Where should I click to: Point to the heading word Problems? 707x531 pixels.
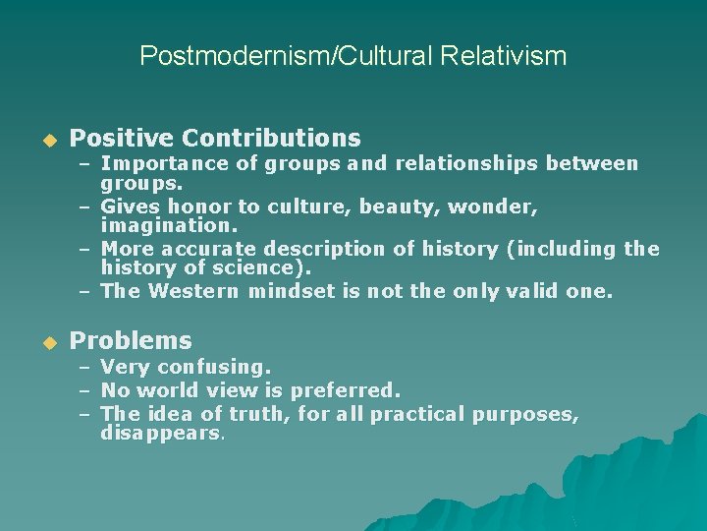point(131,340)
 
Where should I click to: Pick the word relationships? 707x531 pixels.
point(464,164)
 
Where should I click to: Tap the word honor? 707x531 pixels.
point(194,206)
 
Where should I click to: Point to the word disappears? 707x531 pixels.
point(162,433)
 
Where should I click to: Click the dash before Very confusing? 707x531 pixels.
point(85,368)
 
